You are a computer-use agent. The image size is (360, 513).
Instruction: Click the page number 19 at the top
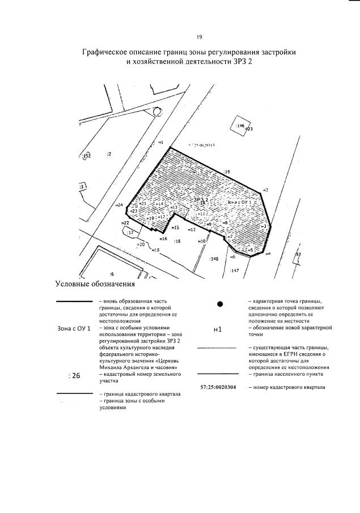click(x=199, y=37)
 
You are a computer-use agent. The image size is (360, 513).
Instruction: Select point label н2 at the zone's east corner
click(x=265, y=190)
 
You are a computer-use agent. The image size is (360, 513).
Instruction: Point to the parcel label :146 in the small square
click(x=240, y=125)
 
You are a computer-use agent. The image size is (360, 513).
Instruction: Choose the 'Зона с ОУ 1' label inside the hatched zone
click(x=238, y=202)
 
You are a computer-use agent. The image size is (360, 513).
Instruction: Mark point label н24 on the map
click(x=119, y=205)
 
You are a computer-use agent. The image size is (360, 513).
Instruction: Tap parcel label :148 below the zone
click(x=214, y=258)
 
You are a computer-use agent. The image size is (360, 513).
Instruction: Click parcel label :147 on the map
click(x=235, y=270)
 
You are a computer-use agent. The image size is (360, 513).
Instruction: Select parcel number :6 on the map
click(x=112, y=273)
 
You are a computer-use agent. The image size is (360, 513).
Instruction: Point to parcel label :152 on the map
click(x=86, y=155)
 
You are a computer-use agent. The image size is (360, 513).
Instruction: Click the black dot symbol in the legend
click(x=220, y=304)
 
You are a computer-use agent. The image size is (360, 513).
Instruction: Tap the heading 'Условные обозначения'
click(x=95, y=284)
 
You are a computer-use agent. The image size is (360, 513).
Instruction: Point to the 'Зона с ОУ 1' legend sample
click(x=74, y=329)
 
